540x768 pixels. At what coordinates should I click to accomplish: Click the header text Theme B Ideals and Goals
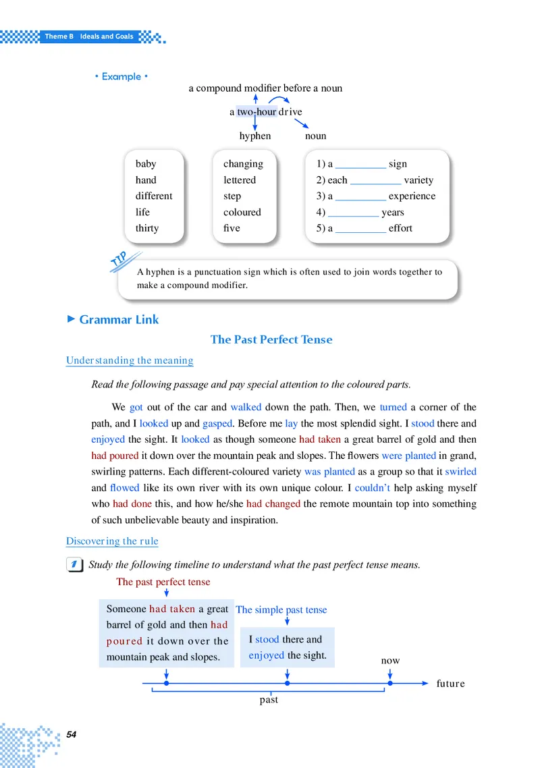tap(89, 36)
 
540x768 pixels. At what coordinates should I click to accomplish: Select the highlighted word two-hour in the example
tap(256, 111)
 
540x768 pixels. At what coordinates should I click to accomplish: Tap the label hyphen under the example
tap(255, 136)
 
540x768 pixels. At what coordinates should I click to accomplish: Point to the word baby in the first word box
tap(146, 164)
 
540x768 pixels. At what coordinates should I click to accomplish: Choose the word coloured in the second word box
tap(242, 212)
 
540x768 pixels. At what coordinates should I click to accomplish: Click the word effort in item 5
tap(400, 228)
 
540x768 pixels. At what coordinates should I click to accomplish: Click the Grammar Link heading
tap(119, 320)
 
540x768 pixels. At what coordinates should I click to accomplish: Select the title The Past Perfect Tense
tap(271, 339)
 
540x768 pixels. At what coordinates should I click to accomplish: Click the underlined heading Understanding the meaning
tap(130, 360)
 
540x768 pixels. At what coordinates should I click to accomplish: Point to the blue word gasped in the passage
tap(217, 424)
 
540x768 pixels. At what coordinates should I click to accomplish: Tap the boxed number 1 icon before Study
tap(76, 565)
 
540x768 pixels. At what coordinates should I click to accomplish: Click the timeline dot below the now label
tap(390, 683)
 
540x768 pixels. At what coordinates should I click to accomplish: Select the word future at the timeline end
tap(450, 683)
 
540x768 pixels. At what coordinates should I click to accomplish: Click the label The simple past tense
tap(281, 610)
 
